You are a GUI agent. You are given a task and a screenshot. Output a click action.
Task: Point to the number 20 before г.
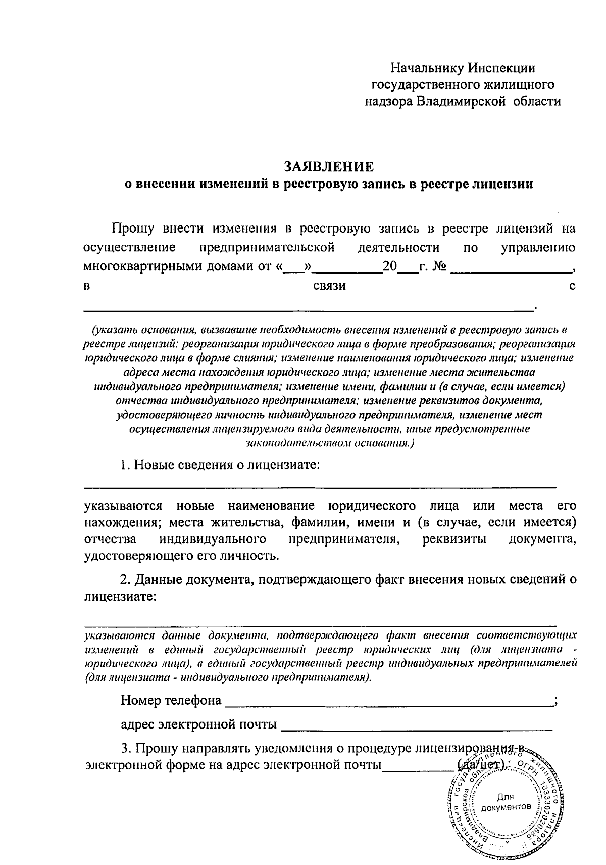[x=390, y=266]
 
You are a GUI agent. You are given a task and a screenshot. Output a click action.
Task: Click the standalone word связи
[x=329, y=286]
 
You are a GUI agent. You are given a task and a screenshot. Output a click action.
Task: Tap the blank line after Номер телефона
[x=389, y=703]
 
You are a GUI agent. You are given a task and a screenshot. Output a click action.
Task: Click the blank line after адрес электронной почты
[x=417, y=727]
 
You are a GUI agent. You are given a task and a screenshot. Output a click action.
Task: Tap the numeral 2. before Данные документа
[x=126, y=579]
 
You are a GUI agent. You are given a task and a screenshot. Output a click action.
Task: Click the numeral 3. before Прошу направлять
[x=126, y=749]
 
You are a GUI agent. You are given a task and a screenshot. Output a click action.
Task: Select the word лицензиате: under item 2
[x=120, y=597]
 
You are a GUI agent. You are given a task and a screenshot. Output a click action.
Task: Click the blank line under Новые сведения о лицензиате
[x=319, y=486]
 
